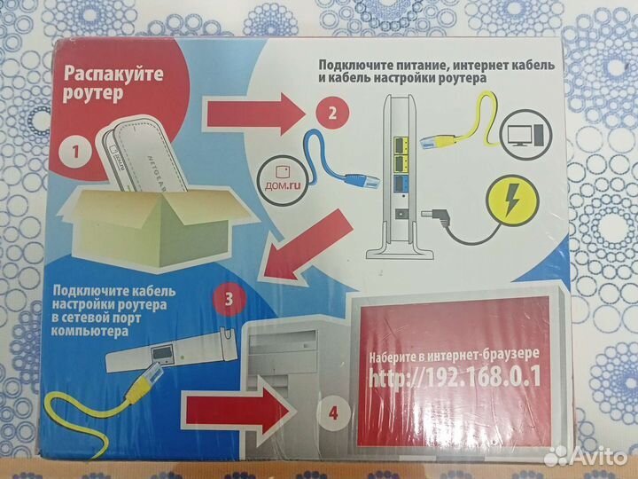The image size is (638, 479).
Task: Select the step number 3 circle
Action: point(229,299)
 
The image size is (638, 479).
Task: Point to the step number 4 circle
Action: point(333,412)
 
